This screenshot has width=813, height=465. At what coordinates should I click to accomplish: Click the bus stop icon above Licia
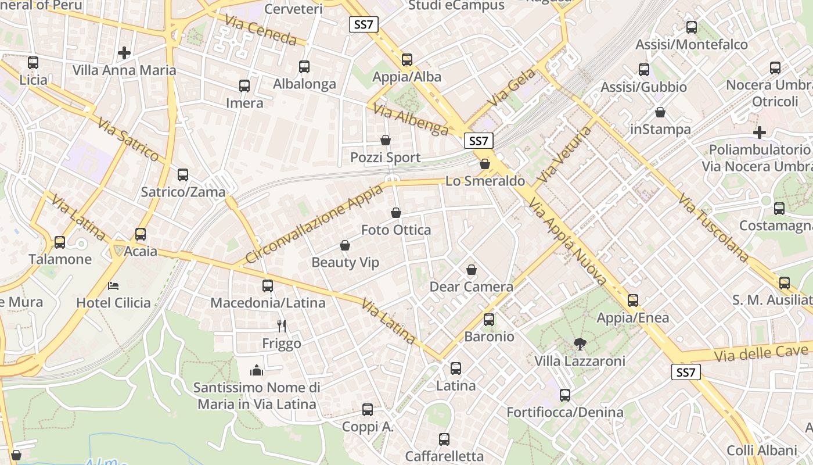[33, 63]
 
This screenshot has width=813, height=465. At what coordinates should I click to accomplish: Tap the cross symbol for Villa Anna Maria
[124, 53]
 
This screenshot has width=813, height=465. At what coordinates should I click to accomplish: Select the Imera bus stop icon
[244, 86]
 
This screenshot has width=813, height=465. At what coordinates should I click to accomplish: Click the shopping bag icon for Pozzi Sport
[386, 140]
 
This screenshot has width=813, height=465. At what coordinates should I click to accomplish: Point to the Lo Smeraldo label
[485, 181]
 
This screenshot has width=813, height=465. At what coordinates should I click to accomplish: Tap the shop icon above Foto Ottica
[396, 213]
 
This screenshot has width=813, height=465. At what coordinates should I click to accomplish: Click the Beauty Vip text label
[345, 262]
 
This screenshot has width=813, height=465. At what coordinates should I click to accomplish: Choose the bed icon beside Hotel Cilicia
[114, 286]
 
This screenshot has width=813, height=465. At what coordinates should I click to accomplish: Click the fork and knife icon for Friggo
[282, 325]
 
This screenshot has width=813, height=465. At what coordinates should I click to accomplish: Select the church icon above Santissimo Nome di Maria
[257, 370]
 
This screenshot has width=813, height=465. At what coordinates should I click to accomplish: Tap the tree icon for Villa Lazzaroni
[580, 344]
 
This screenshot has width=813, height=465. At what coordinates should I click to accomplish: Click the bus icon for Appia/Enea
[633, 301]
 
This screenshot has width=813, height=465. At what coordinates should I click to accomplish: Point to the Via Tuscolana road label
[713, 227]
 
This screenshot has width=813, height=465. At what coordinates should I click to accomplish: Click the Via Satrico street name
[128, 139]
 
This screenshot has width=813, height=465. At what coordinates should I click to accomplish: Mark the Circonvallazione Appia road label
[314, 224]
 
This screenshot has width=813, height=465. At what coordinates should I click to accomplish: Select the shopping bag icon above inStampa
[660, 112]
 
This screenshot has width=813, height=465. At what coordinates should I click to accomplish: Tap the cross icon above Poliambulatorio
[760, 133]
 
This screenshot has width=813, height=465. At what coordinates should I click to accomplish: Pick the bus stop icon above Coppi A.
[368, 410]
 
